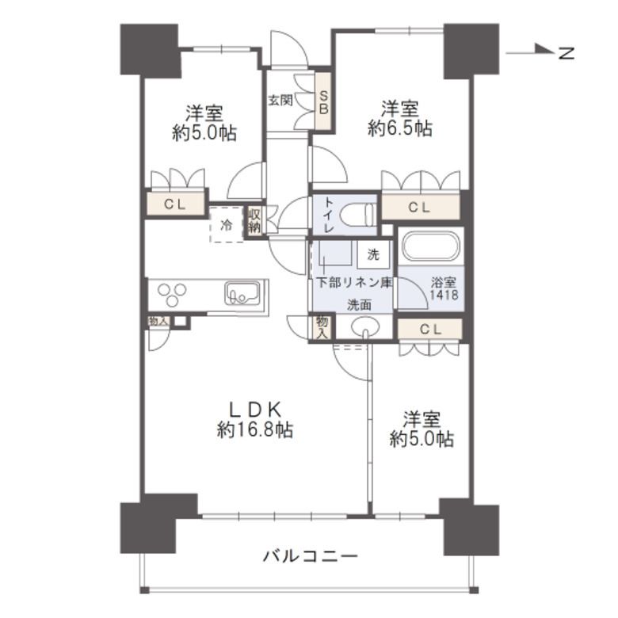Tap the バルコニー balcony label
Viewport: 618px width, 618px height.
pyautogui.click(x=311, y=555)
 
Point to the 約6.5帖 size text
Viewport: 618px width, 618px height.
pyautogui.click(x=400, y=128)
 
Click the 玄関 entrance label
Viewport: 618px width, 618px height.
pyautogui.click(x=280, y=101)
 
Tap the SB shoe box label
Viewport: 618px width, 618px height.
pyautogui.click(x=323, y=101)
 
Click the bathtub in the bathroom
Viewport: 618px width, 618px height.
pyautogui.click(x=429, y=247)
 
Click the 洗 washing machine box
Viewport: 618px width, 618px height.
pyautogui.click(x=372, y=255)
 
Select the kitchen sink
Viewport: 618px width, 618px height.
pyautogui.click(x=242, y=294)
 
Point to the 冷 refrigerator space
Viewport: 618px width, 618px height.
pyautogui.click(x=226, y=225)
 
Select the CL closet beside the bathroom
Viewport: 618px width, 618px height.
pyautogui.click(x=429, y=328)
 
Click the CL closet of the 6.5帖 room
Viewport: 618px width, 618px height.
pyautogui.click(x=420, y=208)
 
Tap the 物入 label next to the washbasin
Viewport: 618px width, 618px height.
pyautogui.click(x=322, y=326)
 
